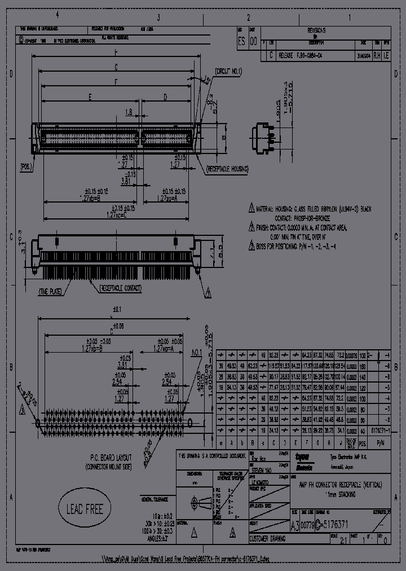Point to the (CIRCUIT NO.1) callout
[x=228, y=72]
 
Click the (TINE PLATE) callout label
[x=51, y=292]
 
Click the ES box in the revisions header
[x=241, y=41]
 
